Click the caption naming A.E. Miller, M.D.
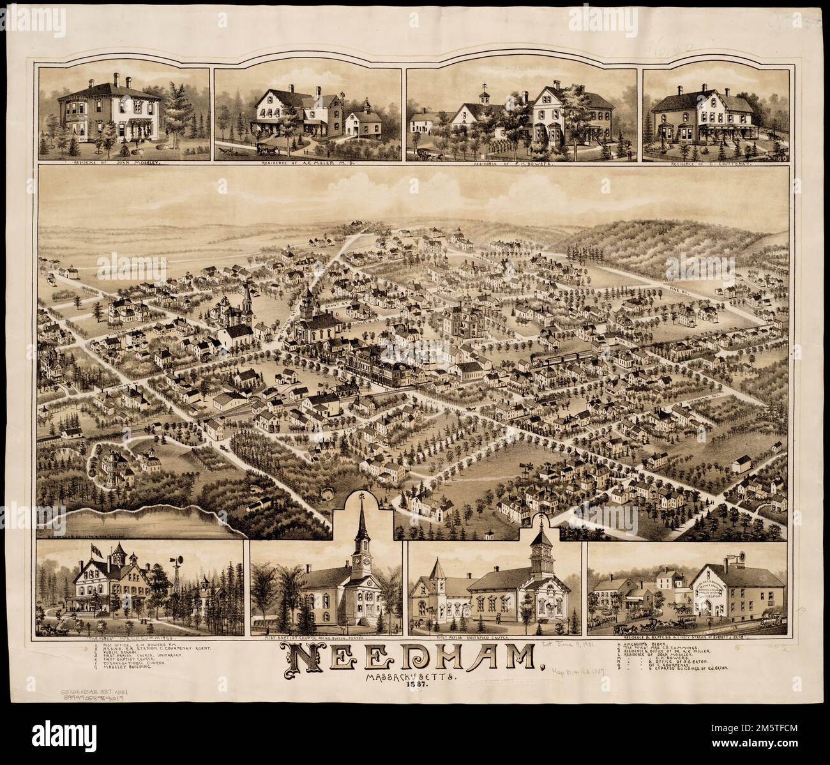[x=308, y=163]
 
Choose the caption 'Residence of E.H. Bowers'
[x=520, y=164]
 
